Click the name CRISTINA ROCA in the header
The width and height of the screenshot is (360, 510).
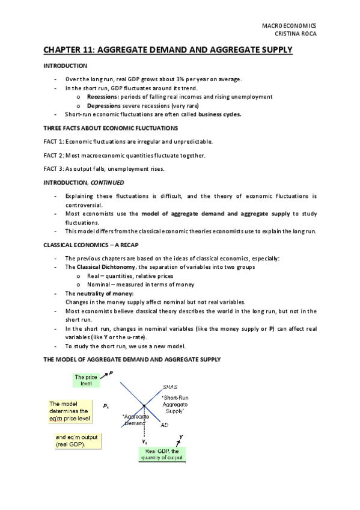295,34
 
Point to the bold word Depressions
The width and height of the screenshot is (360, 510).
105,105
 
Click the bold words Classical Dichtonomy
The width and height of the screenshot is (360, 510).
105,266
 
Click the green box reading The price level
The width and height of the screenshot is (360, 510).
85,380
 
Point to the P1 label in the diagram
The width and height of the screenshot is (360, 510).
106,408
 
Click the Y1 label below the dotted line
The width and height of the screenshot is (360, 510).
144,442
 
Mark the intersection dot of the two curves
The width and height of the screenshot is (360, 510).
144,407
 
